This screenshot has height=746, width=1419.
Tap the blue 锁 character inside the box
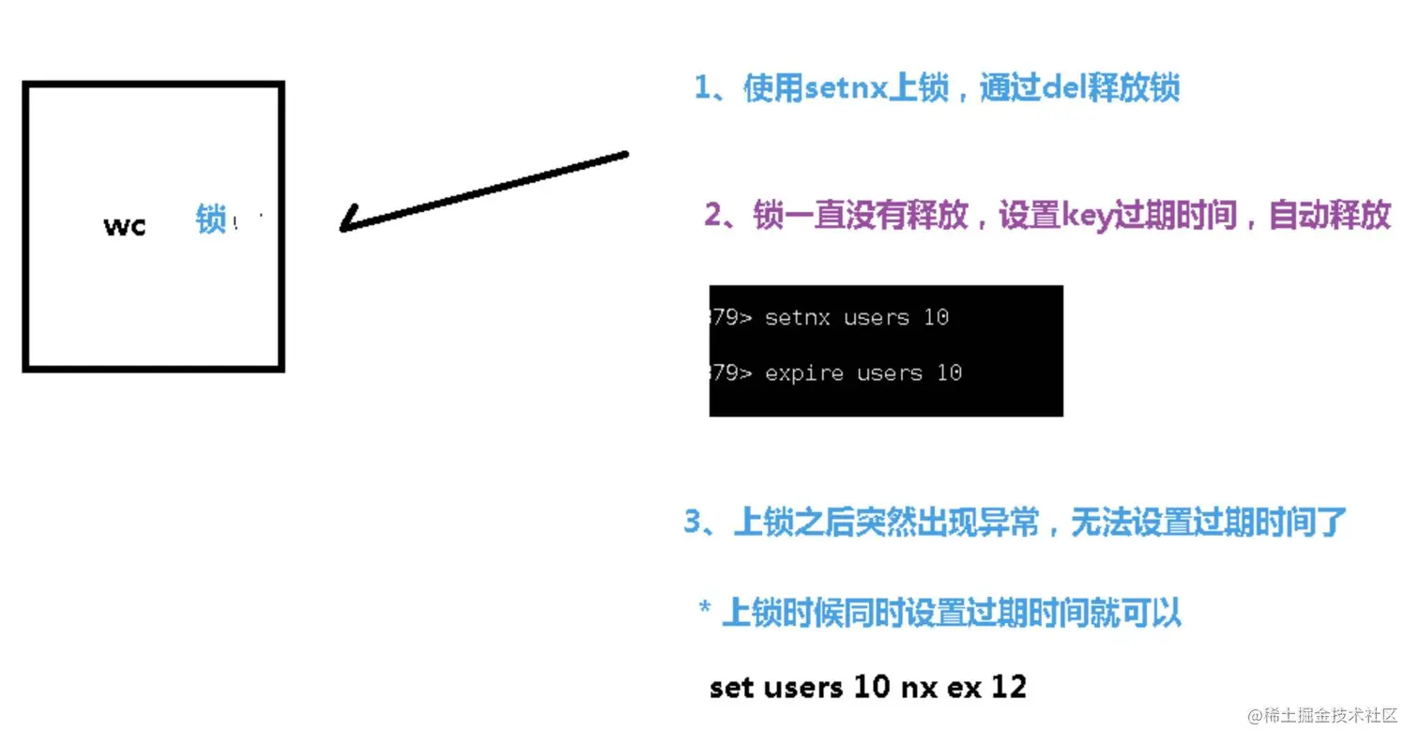(211, 220)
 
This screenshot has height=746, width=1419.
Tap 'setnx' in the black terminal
(798, 317)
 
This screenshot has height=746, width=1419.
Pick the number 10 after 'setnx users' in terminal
(936, 317)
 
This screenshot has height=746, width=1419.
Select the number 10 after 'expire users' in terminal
(949, 373)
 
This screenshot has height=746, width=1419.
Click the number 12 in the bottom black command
(1009, 687)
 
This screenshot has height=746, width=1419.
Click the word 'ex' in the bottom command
(964, 687)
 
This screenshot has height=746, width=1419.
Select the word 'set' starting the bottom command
(732, 687)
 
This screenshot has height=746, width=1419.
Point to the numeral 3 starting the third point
(693, 522)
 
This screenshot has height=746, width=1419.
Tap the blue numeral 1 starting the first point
(703, 89)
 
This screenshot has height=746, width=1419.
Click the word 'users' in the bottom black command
(803, 687)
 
